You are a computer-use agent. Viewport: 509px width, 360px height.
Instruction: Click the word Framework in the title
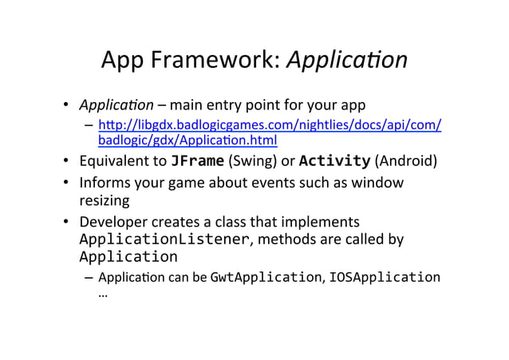pos(209,61)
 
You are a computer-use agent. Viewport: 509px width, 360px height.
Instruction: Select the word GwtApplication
pos(262,277)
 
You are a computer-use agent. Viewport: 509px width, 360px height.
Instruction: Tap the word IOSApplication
pos(383,277)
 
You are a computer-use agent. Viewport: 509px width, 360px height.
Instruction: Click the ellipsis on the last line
pos(103,295)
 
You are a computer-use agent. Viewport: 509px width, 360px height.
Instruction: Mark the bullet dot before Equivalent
pos(68,163)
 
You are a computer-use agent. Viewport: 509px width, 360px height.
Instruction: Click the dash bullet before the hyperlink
pos(88,126)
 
